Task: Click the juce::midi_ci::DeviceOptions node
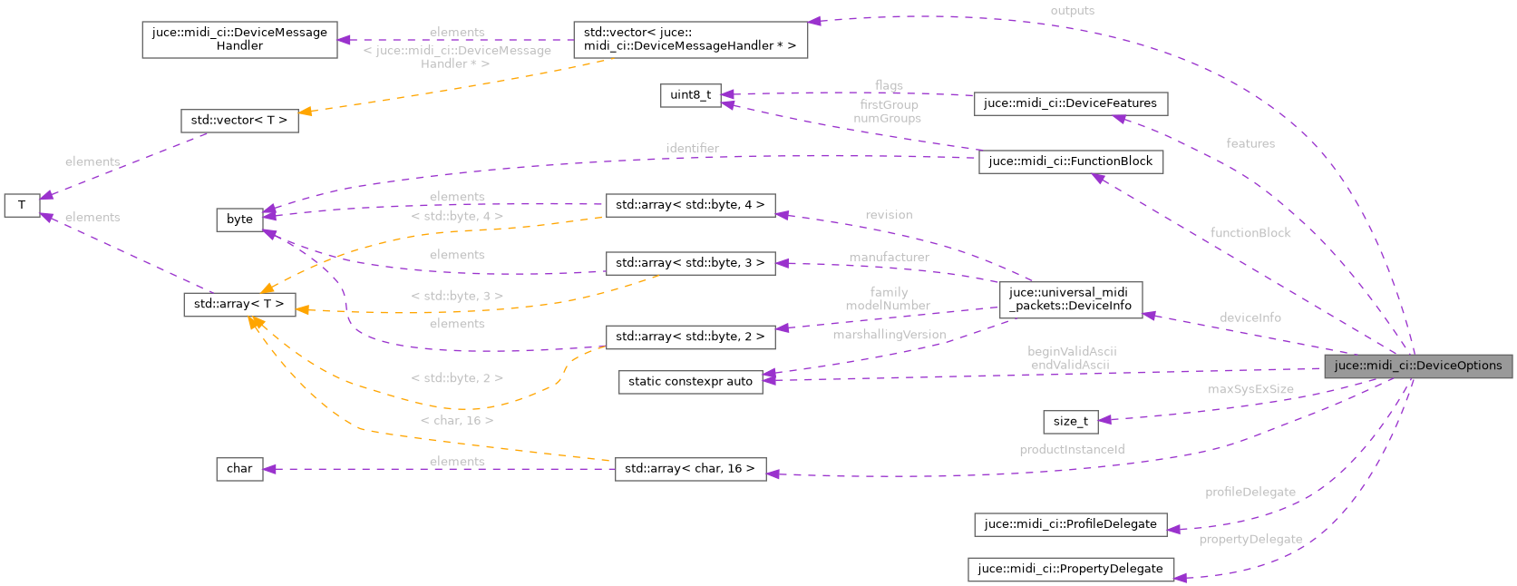(1418, 366)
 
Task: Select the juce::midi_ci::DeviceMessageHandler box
(239, 39)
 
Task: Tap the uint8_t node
(690, 95)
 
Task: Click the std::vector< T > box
(239, 121)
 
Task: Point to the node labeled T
(22, 205)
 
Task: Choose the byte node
(239, 220)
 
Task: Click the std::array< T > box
(239, 304)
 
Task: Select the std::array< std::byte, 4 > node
(690, 205)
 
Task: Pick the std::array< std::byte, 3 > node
(690, 263)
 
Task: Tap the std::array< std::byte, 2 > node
(690, 337)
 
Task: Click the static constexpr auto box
(690, 382)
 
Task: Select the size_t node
(1070, 422)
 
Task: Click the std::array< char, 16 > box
(690, 469)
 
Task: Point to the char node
(239, 469)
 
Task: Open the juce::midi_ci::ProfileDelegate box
(1070, 524)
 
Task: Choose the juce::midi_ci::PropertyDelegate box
(1070, 569)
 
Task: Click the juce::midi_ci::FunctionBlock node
(1070, 161)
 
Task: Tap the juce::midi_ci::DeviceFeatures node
(1070, 103)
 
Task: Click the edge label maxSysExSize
(1250, 389)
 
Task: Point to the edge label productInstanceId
(1072, 450)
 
